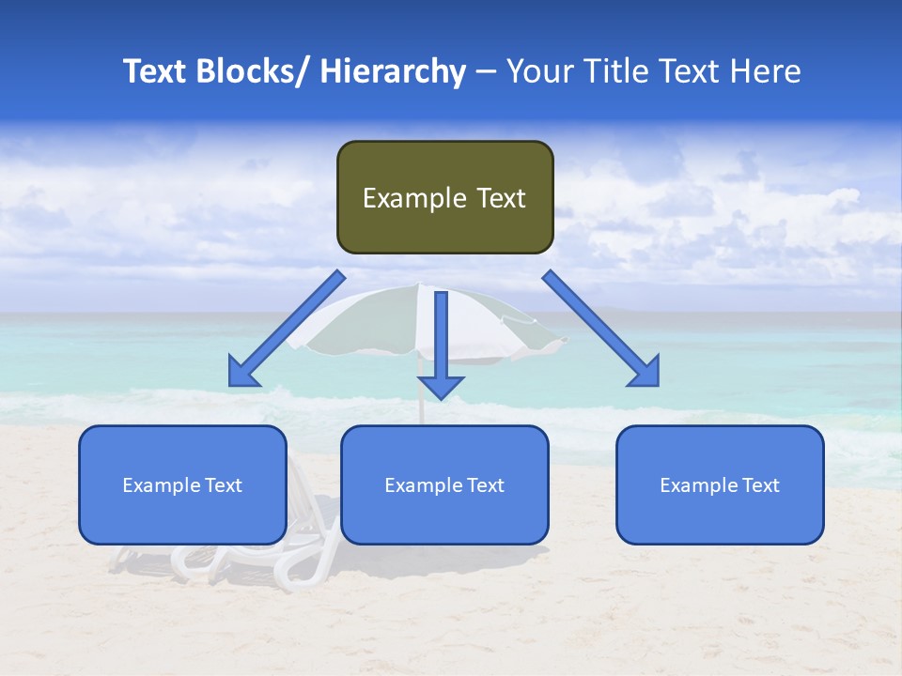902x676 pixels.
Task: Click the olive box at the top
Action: click(x=444, y=197)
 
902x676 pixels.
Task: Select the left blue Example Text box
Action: click(x=181, y=484)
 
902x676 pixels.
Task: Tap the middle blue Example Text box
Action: click(x=443, y=484)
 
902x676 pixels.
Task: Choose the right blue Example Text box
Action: click(x=720, y=484)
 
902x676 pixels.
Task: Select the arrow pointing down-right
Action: click(x=601, y=329)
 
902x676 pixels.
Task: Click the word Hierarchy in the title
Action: click(x=393, y=71)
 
